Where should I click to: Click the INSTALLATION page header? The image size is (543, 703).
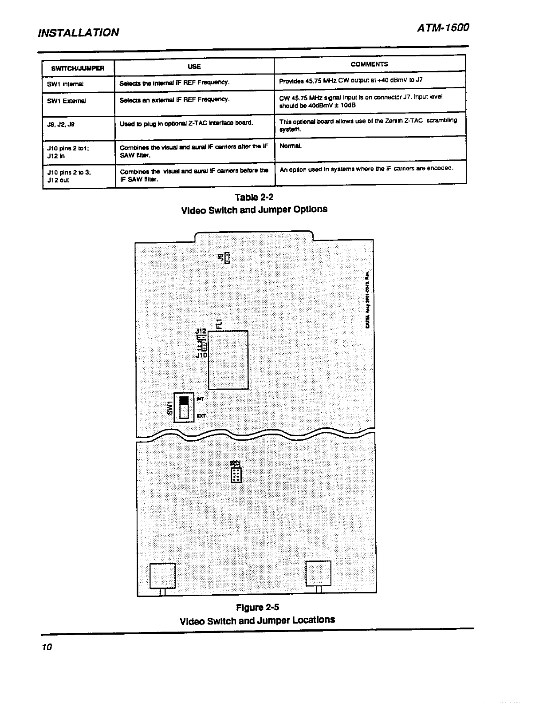point(79,32)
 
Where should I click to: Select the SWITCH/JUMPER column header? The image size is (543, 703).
point(78,68)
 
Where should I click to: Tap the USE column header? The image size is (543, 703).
point(194,67)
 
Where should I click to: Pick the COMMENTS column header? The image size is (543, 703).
point(369,64)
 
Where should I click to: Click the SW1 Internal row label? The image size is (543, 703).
point(65,84)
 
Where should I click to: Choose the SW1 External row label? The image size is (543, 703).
point(67,101)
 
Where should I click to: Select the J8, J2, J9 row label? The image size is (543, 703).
point(61,125)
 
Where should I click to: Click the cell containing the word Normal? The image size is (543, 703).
point(291,146)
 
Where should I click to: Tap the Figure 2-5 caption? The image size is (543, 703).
point(257,607)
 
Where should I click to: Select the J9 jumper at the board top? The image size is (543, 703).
point(227,258)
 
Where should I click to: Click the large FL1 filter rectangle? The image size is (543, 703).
point(228,360)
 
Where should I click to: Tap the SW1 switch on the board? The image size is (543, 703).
point(184,407)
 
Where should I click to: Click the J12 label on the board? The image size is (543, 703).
point(201,331)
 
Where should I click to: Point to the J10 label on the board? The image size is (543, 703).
point(201,355)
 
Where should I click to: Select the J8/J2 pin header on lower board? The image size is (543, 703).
point(236,474)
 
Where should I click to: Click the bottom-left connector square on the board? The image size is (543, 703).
point(163,575)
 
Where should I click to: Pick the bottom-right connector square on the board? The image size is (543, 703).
point(319,573)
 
